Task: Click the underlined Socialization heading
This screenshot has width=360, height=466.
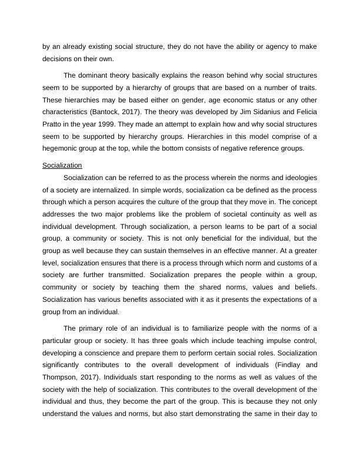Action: (62, 165)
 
